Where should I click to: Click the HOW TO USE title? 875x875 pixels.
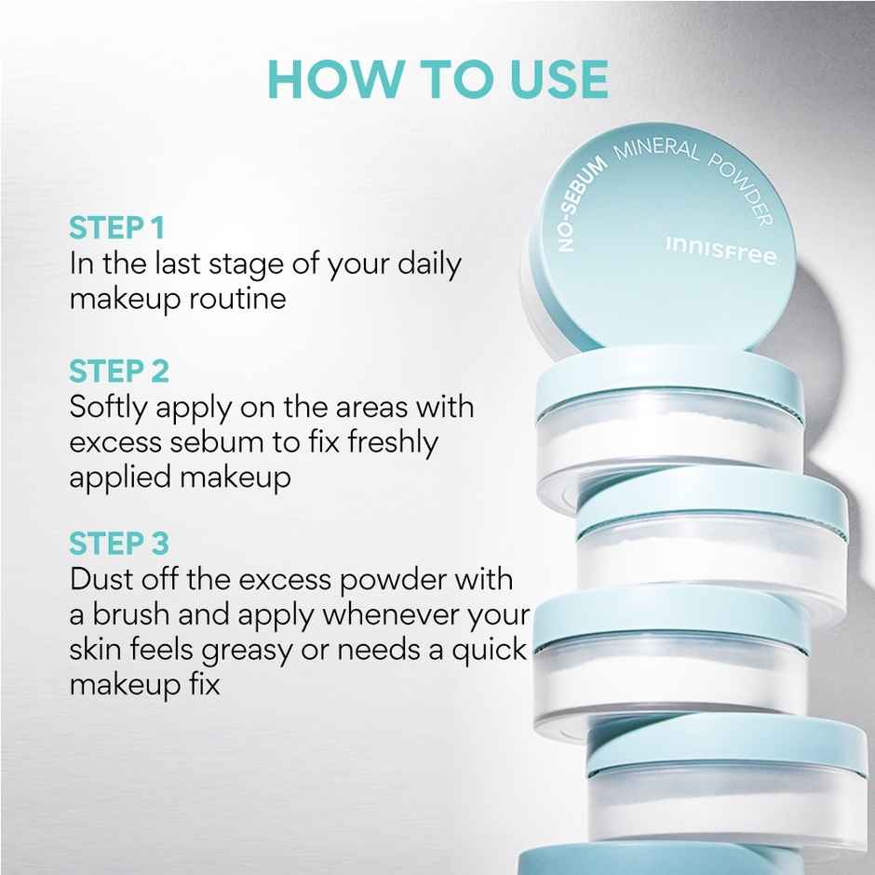click(x=437, y=80)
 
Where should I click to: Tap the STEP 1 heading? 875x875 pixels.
click(x=116, y=228)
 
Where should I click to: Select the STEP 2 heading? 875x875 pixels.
click(x=119, y=371)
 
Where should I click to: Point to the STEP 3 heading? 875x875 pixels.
click(x=119, y=544)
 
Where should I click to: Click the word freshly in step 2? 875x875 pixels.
click(x=391, y=443)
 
